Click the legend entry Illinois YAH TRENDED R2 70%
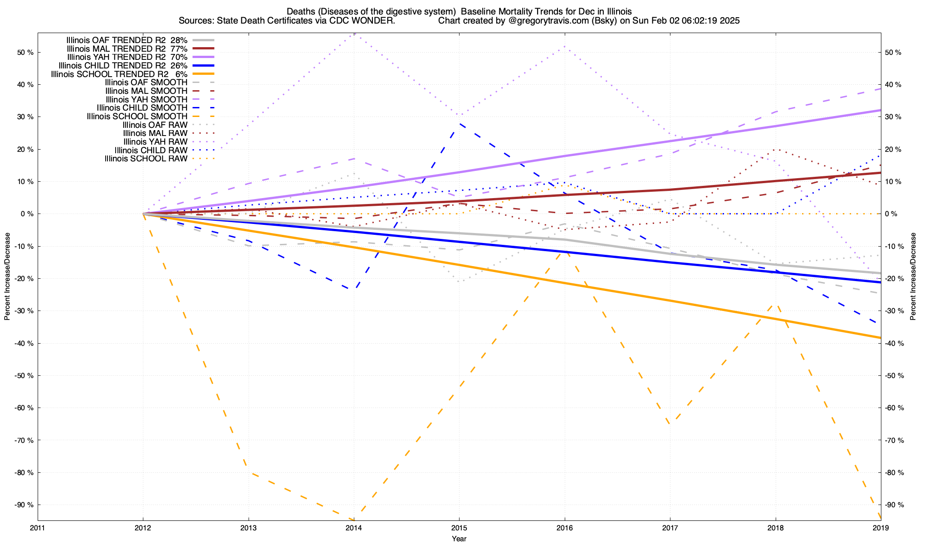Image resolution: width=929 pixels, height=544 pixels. pos(127,57)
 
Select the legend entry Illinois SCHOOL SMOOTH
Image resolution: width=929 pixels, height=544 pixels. pos(137,117)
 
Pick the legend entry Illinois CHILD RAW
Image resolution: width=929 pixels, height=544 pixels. pos(151,150)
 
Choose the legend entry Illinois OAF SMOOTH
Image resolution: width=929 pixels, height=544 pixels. pos(146,83)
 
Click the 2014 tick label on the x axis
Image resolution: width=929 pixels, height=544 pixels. pos(354,528)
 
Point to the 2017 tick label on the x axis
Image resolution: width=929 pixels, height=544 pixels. pos(670,528)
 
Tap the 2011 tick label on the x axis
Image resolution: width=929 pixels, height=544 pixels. pos(38,528)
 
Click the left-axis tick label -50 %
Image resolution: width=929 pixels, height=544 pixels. pos(24,376)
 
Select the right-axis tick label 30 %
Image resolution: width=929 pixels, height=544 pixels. pos(892,117)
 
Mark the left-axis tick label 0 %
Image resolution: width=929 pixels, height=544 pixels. pos(26,214)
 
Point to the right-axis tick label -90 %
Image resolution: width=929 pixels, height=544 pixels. pos(894,505)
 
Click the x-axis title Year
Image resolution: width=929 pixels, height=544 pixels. pos(459,539)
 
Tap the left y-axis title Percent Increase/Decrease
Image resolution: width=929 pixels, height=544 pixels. pos(7,277)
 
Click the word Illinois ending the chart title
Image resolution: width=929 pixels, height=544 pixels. pos(619,11)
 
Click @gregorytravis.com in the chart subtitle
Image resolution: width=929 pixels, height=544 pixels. pos(540,21)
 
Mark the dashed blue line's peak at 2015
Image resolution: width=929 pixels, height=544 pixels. pos(459,123)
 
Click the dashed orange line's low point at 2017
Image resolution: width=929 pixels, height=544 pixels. pos(670,424)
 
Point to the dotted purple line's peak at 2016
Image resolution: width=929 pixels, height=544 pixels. pos(564,46)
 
